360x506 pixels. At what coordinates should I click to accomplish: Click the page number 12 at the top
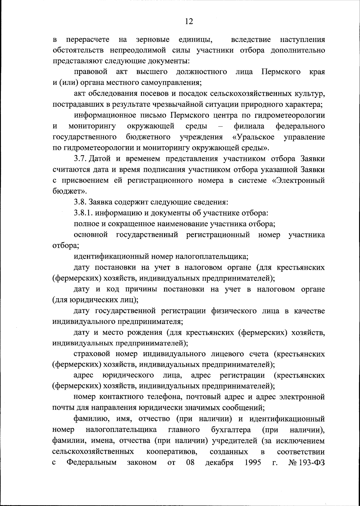point(189,21)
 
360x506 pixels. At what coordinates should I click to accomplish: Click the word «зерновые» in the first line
point(152,40)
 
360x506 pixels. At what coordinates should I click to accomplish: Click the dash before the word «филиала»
point(221,126)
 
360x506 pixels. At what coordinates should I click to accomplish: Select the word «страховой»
point(91,354)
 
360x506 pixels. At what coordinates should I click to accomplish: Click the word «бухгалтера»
point(231,430)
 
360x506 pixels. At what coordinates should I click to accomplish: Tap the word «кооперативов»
point(172,451)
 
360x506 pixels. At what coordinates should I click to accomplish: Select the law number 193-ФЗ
point(312,462)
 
